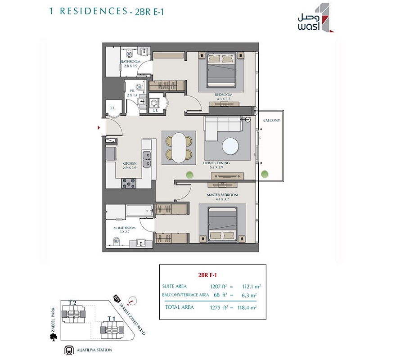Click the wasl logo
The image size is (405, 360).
pyautogui.click(x=315, y=18)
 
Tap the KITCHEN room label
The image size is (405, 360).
pyautogui.click(x=130, y=164)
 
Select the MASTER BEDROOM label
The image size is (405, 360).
pyautogui.click(x=222, y=195)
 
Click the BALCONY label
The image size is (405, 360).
pyautogui.click(x=271, y=121)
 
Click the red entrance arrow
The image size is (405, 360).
pyautogui.click(x=99, y=128)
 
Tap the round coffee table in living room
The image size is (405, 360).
pyautogui.click(x=230, y=146)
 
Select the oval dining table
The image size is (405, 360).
pyautogui.click(x=181, y=148)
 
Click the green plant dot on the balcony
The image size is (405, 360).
pyautogui.click(x=265, y=173)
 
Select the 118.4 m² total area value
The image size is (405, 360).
pyautogui.click(x=247, y=307)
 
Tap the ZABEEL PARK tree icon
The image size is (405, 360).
pyautogui.click(x=54, y=335)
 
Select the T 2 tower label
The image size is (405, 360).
pyautogui.click(x=72, y=302)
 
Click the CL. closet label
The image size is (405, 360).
pyautogui.click(x=113, y=108)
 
